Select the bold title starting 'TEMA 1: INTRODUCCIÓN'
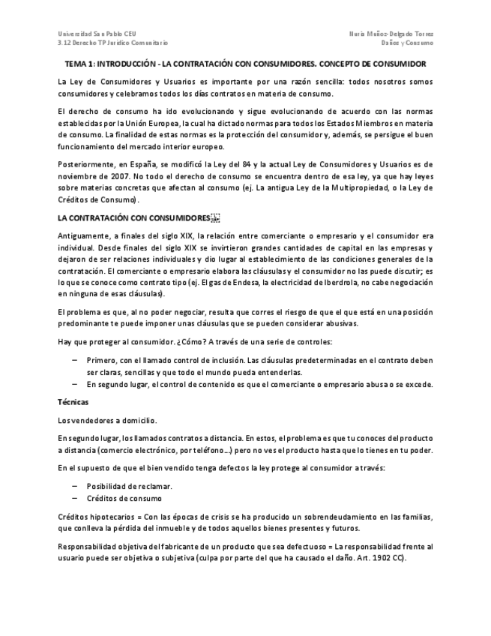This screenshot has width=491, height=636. coord(245,64)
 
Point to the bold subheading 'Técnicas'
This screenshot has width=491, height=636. coord(73,402)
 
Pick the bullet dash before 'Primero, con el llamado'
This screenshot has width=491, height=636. coord(75,360)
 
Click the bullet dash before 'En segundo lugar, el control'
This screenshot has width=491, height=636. coord(75,384)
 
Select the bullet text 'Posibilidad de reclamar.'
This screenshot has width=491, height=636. coord(129,486)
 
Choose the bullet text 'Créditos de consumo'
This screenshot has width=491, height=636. coord(124,498)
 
